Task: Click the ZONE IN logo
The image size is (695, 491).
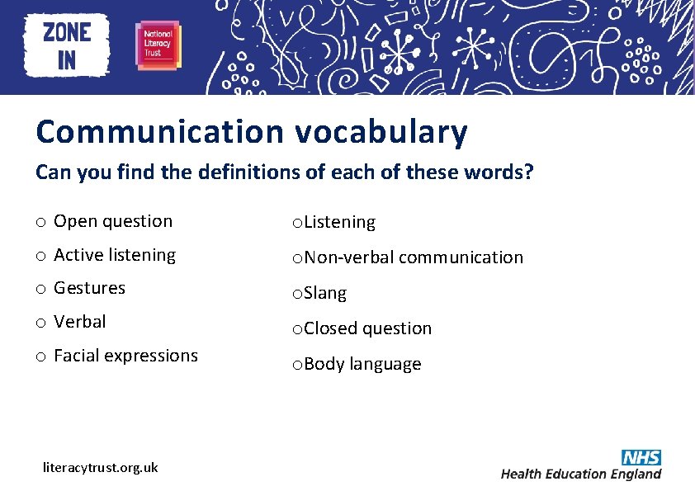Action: (67, 45)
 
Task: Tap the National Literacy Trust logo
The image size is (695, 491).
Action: (158, 45)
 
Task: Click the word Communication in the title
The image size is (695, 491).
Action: (159, 132)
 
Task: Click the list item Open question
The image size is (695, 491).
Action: (113, 221)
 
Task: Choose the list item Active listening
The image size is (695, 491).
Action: (115, 255)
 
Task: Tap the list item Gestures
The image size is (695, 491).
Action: (89, 288)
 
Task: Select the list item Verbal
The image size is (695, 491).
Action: (80, 321)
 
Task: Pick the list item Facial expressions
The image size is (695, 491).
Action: (125, 356)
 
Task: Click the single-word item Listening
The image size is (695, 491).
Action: (338, 222)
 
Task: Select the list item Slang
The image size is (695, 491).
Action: (325, 293)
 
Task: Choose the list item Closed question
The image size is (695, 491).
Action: (367, 328)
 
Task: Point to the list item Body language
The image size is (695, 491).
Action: (362, 364)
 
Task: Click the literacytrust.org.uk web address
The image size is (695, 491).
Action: (100, 467)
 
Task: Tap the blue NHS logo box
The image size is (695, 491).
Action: (641, 457)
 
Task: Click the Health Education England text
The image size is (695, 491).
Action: (581, 474)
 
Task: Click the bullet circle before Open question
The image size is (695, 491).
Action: (40, 222)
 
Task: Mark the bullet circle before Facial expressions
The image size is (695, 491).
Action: (40, 356)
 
